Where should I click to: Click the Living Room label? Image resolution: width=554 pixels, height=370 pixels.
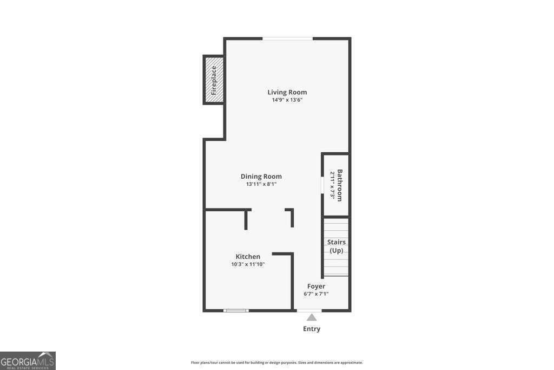tap(287, 92)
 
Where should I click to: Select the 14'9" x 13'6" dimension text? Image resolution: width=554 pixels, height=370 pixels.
tap(287, 100)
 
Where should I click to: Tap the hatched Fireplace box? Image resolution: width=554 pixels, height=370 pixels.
tap(214, 80)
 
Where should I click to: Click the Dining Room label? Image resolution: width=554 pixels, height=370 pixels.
tap(261, 176)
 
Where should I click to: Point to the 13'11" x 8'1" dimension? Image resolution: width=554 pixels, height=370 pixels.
tap(261, 184)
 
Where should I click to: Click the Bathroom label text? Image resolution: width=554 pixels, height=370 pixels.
tap(340, 185)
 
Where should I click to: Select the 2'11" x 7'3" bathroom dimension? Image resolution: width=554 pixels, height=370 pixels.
tap(332, 185)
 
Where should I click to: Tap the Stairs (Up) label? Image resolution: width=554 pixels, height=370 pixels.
tap(336, 246)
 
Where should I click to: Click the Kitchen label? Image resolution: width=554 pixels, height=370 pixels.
tap(248, 256)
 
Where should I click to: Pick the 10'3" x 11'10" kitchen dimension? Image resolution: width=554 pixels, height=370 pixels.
tap(248, 264)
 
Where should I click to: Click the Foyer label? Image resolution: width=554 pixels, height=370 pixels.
tap(316, 286)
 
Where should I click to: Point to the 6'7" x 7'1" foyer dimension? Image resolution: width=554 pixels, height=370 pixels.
tap(316, 294)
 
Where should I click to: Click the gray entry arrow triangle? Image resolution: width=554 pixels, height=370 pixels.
tap(312, 317)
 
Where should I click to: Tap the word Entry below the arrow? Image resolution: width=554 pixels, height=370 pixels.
tap(312, 329)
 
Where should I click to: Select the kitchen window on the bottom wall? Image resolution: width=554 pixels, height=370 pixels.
tap(236, 310)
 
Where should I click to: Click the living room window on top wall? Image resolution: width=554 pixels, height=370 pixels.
tap(287, 38)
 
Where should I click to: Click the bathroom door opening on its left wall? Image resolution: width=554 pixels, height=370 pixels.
tap(322, 185)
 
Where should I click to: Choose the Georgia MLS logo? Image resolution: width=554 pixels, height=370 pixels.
tap(28, 361)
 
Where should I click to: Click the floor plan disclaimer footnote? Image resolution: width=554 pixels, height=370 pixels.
tap(276, 362)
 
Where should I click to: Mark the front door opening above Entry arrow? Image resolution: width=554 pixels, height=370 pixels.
tap(309, 310)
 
